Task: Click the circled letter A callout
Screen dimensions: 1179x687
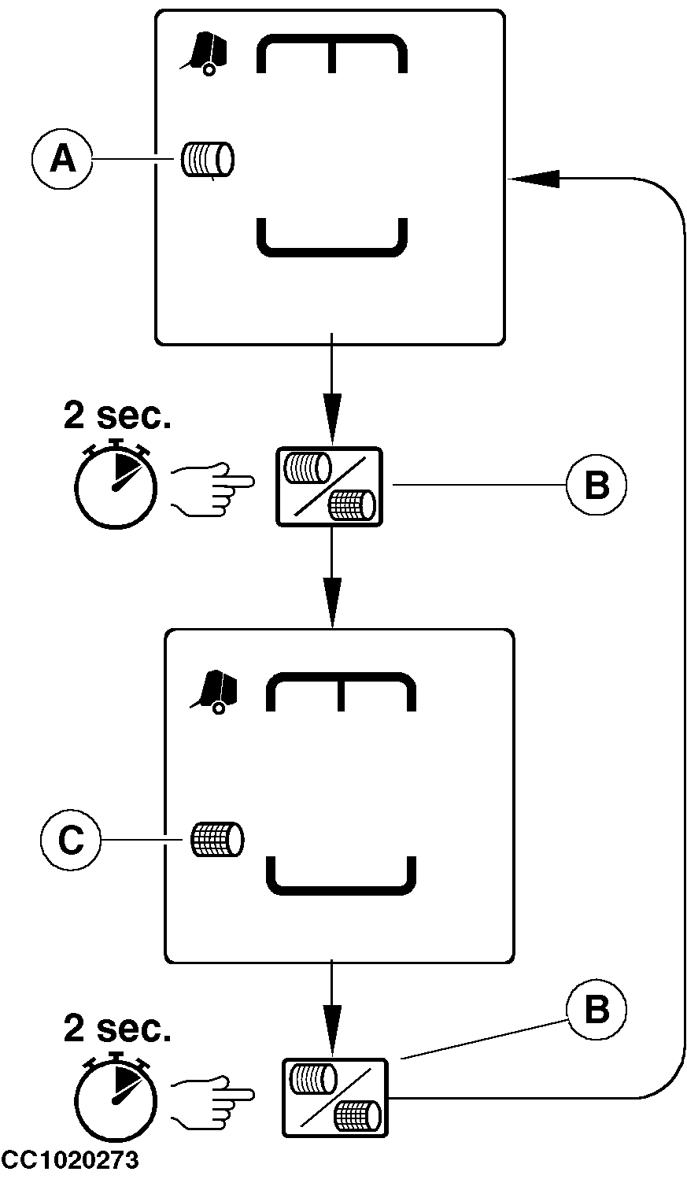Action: pyautogui.click(x=62, y=160)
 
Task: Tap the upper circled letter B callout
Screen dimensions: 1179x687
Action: pyautogui.click(x=597, y=486)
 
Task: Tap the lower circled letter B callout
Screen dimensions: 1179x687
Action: pyautogui.click(x=597, y=1010)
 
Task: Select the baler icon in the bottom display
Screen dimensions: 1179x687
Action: pyautogui.click(x=213, y=693)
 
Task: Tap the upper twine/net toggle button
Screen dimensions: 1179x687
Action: pyautogui.click(x=329, y=486)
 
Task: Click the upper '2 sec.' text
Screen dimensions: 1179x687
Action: pyautogui.click(x=117, y=417)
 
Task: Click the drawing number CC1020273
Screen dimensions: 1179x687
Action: pyautogui.click(x=71, y=1160)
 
